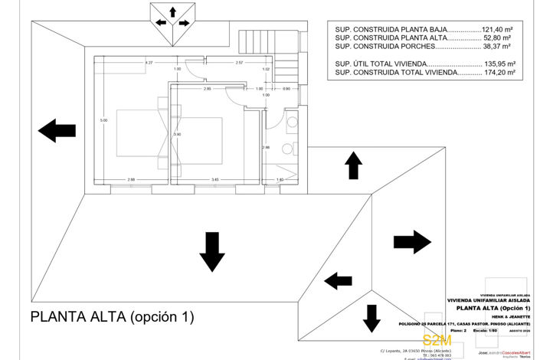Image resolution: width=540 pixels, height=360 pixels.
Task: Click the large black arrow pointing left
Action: [x=57, y=131]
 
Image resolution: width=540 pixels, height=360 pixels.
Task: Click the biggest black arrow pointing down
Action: [x=211, y=251]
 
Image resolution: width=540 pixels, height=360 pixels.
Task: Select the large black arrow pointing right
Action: [x=412, y=242]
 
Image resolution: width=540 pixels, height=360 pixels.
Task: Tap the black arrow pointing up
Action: [x=353, y=165]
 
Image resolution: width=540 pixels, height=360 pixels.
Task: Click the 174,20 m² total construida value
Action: [x=497, y=74]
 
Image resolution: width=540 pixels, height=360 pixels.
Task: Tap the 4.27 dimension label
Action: [x=149, y=62]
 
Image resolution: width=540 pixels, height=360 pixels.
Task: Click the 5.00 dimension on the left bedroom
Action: [x=103, y=120]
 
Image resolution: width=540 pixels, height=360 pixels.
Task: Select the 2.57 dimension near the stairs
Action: [x=239, y=62]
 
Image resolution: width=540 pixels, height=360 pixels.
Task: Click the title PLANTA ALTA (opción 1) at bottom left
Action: [x=112, y=316]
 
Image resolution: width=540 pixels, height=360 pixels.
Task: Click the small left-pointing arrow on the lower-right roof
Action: [x=338, y=281]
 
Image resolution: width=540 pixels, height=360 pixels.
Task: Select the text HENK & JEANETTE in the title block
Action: [x=502, y=316]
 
